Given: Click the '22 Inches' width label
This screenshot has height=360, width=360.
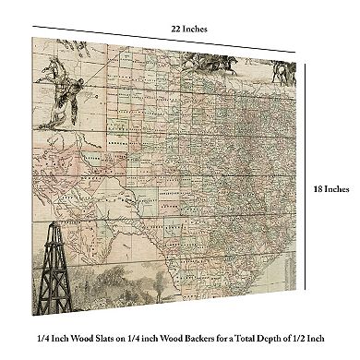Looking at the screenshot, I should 188,29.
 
